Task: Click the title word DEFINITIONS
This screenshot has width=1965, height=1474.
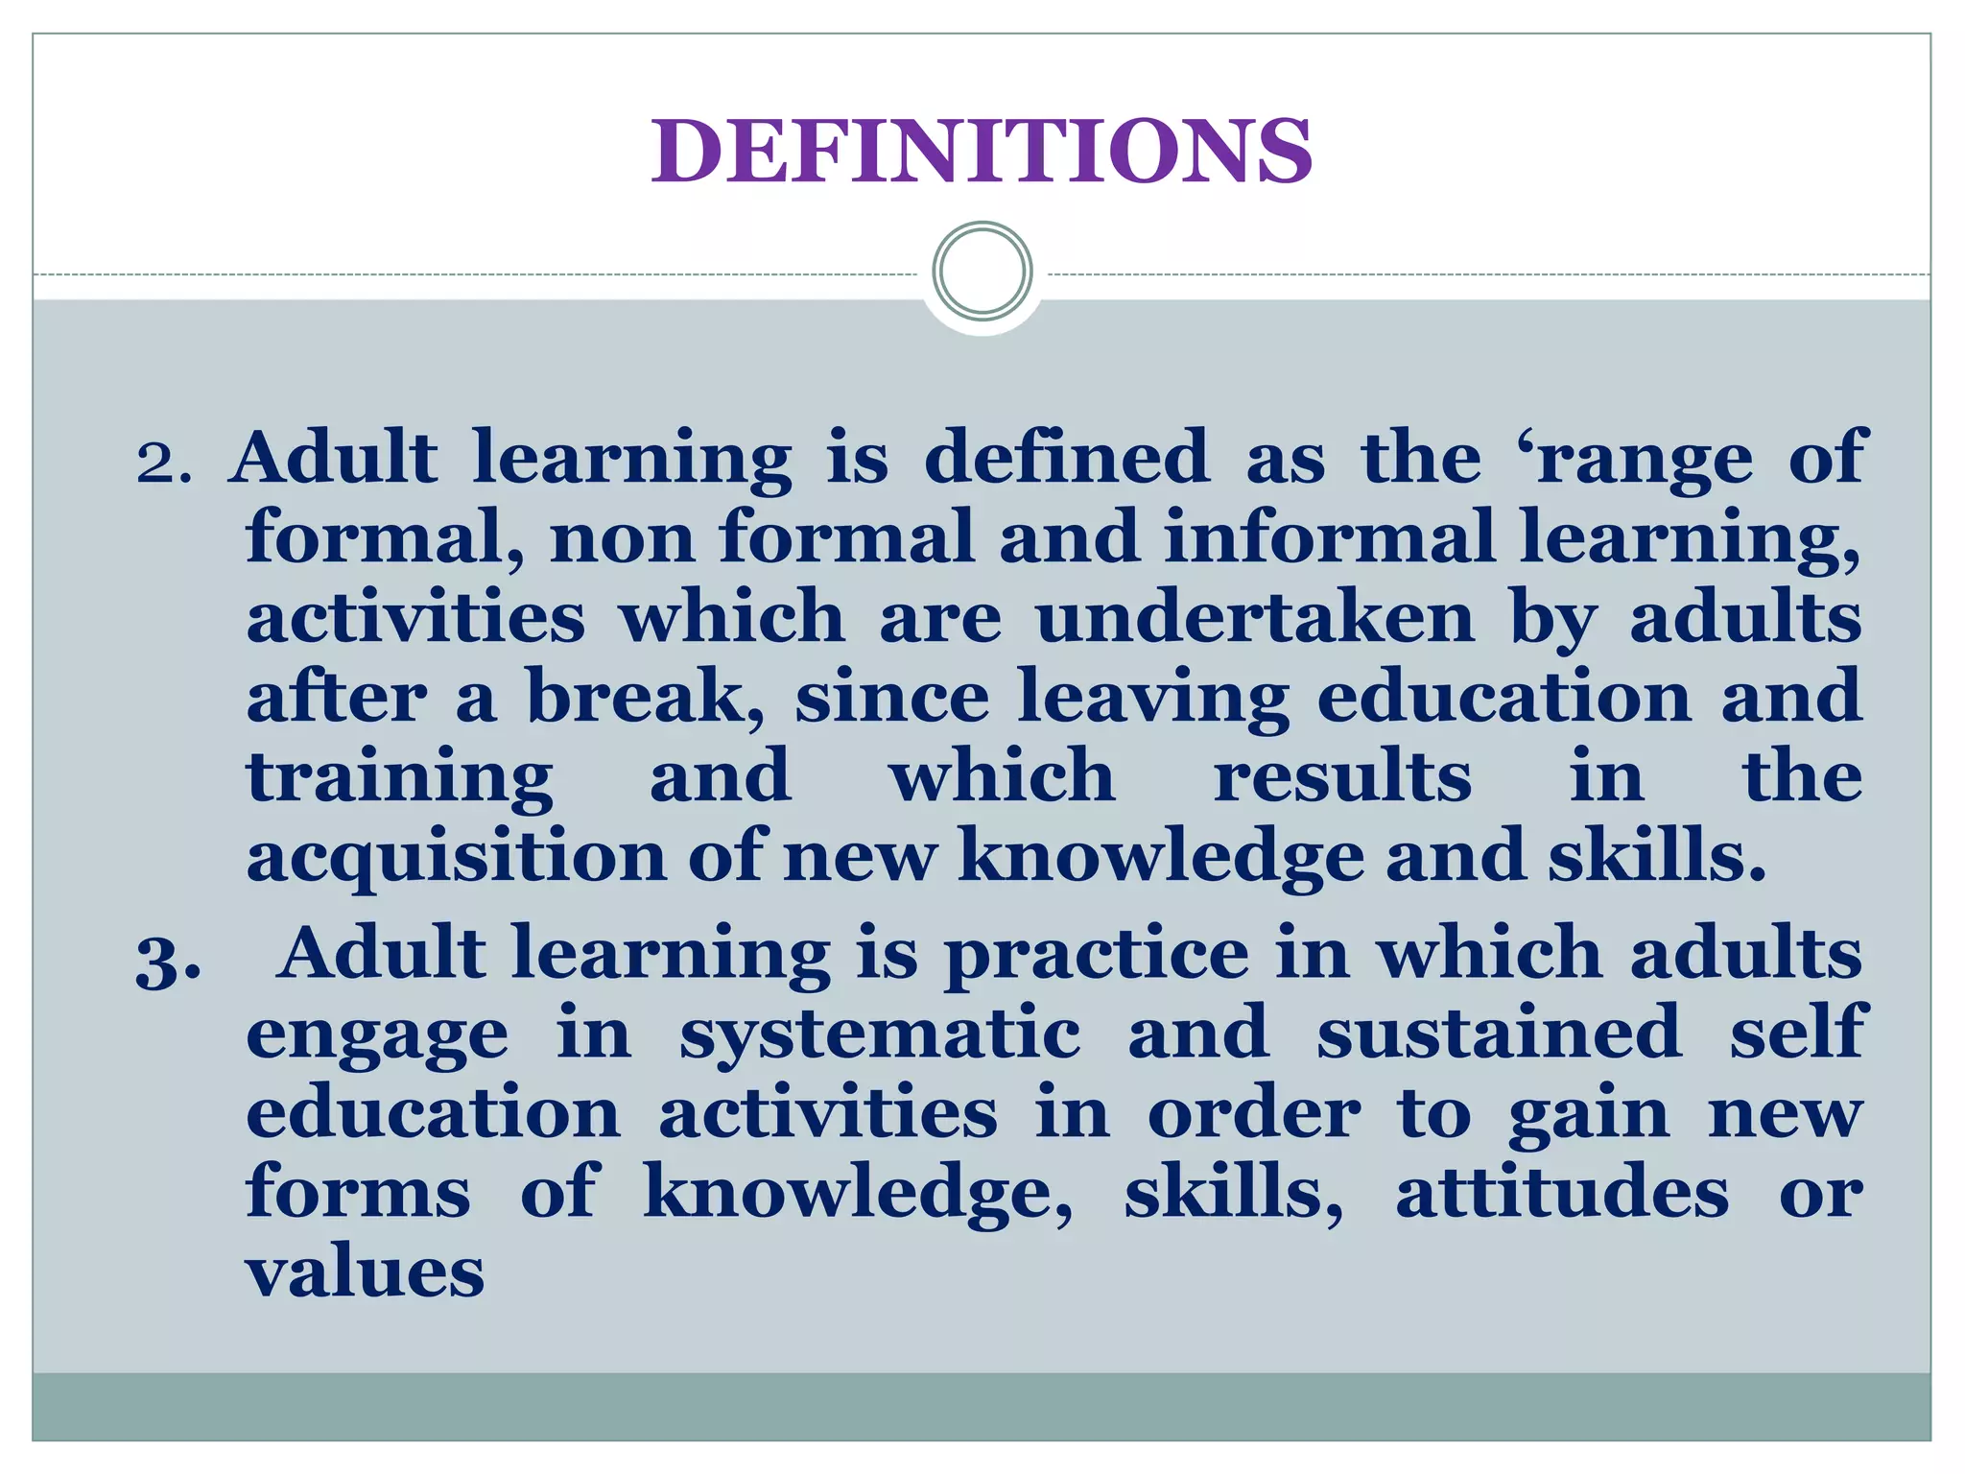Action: click(x=982, y=151)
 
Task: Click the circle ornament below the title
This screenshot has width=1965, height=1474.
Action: click(x=982, y=271)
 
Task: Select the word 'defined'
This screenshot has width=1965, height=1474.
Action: click(x=1067, y=457)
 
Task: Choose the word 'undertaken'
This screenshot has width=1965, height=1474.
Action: click(x=1255, y=617)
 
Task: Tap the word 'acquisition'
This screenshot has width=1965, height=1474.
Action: click(x=456, y=856)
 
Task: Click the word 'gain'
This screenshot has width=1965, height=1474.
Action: click(x=1589, y=1116)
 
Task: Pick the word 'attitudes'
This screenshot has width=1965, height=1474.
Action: click(x=1562, y=1193)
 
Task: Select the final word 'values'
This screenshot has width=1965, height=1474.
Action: click(x=366, y=1272)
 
